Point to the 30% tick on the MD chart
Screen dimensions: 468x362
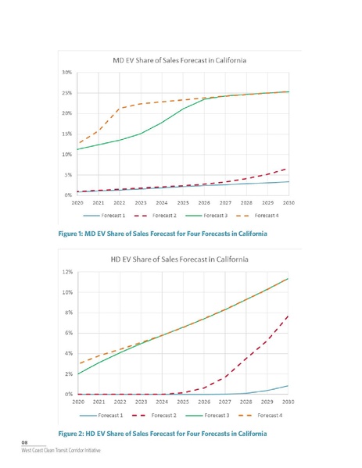pos(68,72)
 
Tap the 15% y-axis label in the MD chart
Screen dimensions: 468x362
pos(68,134)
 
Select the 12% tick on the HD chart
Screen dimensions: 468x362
pos(68,272)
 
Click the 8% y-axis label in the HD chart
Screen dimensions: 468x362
pos(69,313)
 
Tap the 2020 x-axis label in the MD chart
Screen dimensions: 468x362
pos(77,202)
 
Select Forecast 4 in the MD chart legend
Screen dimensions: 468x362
pos(263,215)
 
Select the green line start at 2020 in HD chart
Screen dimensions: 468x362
pos(77,374)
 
